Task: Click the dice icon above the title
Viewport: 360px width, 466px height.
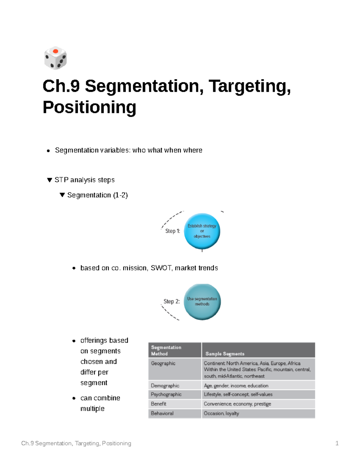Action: [55, 58]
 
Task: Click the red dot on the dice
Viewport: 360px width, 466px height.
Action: [55, 51]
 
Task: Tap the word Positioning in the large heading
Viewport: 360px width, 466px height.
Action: [89, 107]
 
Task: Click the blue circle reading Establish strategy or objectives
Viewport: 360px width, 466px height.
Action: [202, 231]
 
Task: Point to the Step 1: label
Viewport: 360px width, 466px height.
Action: [172, 231]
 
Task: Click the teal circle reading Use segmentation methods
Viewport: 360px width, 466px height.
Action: [202, 302]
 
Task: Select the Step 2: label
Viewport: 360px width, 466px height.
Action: [172, 301]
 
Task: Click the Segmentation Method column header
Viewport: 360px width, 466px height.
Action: [166, 350]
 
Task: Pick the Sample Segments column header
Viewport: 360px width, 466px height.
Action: [225, 354]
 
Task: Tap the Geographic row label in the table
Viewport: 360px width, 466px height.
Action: [163, 363]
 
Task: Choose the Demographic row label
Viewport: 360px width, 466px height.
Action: [165, 386]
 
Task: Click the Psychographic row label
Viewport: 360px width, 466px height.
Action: [166, 394]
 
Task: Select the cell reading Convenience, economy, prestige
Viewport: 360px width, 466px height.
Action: [237, 404]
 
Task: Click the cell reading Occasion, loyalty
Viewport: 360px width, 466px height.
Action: [221, 413]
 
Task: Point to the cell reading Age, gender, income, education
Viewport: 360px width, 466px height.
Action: [236, 386]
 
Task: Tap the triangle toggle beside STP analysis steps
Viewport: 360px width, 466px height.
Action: [49, 180]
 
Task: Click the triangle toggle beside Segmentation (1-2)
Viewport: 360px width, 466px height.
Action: [62, 195]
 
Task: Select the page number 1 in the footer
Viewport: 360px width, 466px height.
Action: [337, 443]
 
